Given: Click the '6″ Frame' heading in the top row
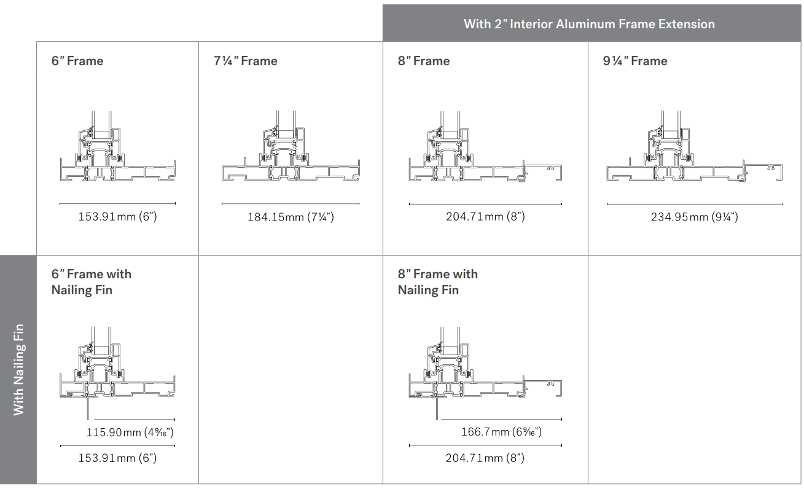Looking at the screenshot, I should pyautogui.click(x=77, y=61).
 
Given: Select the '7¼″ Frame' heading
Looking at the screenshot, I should pyautogui.click(x=246, y=61).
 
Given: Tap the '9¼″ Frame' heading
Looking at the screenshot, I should pyautogui.click(x=635, y=61).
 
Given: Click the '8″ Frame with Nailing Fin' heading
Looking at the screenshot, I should pyautogui.click(x=437, y=282).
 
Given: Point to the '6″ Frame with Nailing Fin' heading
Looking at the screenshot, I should pyautogui.click(x=91, y=282).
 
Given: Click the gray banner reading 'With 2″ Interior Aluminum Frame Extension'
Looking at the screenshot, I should pyautogui.click(x=589, y=24).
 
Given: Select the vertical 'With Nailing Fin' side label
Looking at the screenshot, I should pyautogui.click(x=18, y=369).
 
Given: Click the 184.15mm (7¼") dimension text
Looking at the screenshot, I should pyautogui.click(x=291, y=217).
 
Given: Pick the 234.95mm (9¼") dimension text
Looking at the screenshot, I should pyautogui.click(x=694, y=217).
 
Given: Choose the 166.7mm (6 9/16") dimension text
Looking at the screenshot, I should pyautogui.click(x=501, y=432).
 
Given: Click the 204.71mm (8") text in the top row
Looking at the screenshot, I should pyautogui.click(x=485, y=216).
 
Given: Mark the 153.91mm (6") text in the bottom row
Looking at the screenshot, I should pyautogui.click(x=117, y=458).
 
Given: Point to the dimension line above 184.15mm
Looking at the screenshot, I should pyautogui.click(x=290, y=203).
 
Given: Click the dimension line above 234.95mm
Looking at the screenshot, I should pyautogui.click(x=694, y=204).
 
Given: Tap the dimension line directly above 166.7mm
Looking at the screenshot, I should pyautogui.click(x=499, y=419).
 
